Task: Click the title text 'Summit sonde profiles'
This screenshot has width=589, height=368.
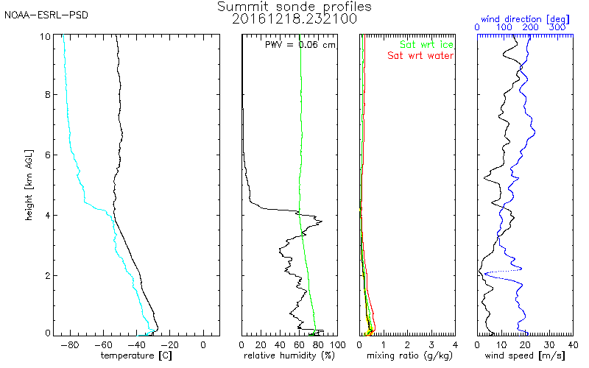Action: point(294,7)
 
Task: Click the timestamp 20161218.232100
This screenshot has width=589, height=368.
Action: point(294,18)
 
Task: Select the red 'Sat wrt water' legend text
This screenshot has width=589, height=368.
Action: point(420,55)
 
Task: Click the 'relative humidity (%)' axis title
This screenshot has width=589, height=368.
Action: point(289,356)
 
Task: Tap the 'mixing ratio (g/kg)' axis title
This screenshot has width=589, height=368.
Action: point(407,356)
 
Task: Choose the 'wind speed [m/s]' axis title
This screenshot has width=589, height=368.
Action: point(525,356)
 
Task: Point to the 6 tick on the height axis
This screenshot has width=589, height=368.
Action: point(48,155)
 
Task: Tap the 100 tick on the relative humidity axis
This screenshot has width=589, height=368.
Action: point(336,344)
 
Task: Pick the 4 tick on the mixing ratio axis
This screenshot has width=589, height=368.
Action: point(455,344)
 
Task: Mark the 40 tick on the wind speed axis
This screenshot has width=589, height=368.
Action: point(572,344)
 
